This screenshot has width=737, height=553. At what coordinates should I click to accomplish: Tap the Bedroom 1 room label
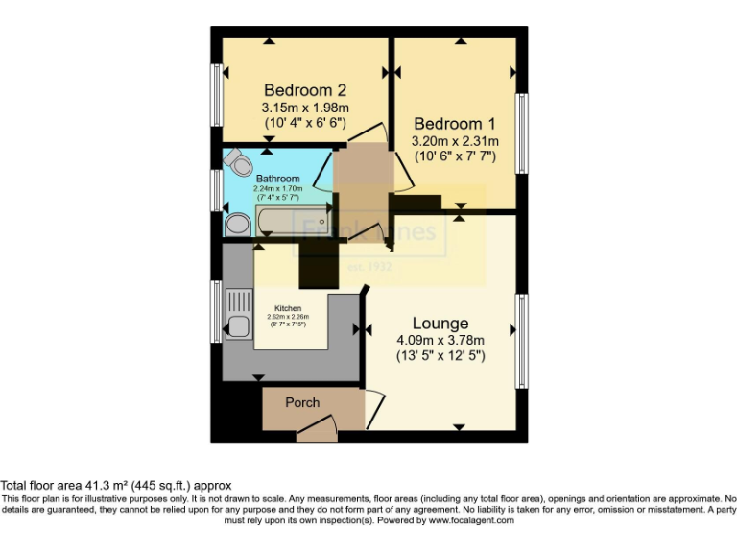point(454,124)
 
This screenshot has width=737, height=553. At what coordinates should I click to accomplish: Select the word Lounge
point(440,324)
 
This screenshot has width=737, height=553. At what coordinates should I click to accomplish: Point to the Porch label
point(302,402)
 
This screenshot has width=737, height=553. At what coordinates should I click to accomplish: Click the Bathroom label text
point(277,179)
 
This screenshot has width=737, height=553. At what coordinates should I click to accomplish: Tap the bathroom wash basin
point(234,225)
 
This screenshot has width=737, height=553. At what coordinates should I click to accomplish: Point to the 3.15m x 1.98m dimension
point(304,108)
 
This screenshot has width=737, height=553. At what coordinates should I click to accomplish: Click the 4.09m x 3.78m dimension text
point(440,340)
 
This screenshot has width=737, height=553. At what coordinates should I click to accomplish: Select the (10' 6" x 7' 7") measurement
point(456,156)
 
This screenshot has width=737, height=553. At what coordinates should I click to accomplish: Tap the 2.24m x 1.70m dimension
point(277,189)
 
